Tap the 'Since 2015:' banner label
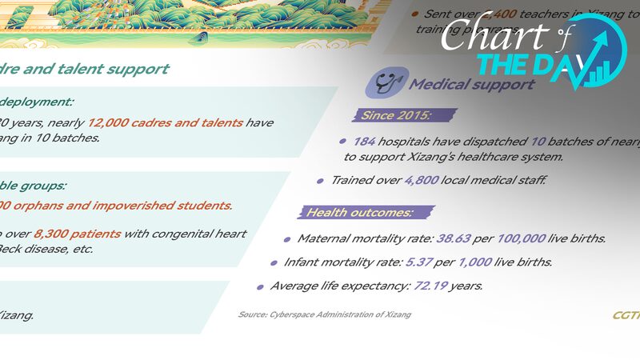(396, 115)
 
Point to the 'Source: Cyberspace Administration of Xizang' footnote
(325, 314)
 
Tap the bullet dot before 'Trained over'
(322, 181)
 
